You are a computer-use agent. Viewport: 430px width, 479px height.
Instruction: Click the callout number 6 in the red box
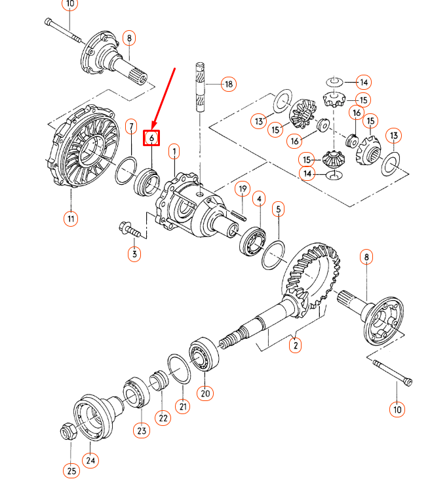(x=151, y=138)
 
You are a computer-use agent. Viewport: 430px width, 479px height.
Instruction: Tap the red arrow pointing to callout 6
(x=165, y=96)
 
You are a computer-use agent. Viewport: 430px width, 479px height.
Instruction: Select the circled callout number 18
(x=228, y=84)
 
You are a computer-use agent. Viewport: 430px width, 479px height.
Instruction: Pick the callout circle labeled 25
(x=70, y=470)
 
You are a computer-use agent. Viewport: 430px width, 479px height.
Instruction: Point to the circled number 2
(x=295, y=345)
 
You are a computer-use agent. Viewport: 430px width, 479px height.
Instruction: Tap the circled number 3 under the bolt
(x=134, y=254)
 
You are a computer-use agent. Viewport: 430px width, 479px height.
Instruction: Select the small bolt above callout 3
(x=127, y=229)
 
